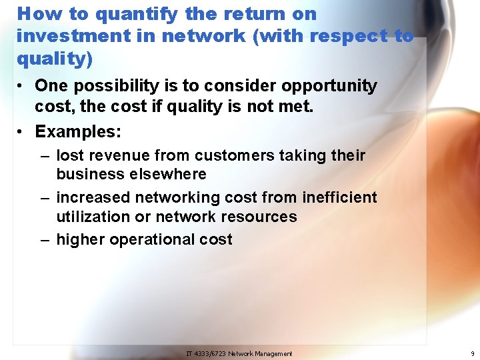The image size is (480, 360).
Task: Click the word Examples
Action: click(x=77, y=132)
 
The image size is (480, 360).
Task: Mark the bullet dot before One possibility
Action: click(x=23, y=87)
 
